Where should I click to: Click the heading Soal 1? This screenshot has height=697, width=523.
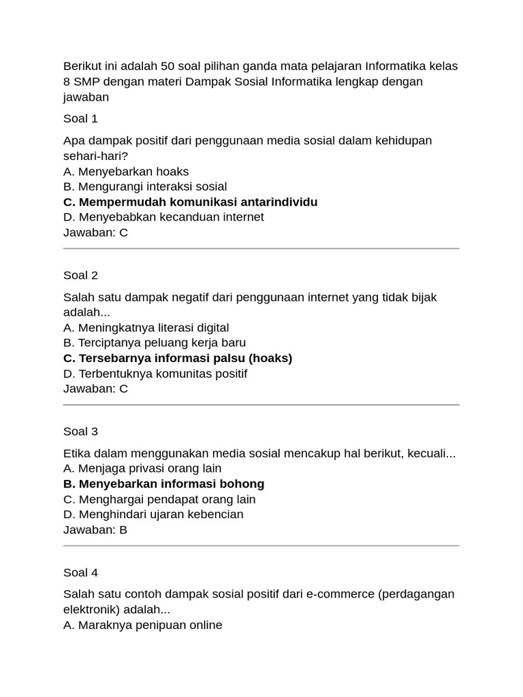[x=80, y=118]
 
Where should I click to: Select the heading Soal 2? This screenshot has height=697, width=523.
[x=80, y=275]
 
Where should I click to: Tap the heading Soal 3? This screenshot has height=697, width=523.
[x=80, y=432]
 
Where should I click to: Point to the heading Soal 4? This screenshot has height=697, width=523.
[x=80, y=572]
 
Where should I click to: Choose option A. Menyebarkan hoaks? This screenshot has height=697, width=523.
[x=126, y=172]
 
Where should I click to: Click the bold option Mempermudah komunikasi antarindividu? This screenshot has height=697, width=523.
[x=190, y=202]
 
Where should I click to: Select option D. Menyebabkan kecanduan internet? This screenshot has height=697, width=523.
[x=163, y=217]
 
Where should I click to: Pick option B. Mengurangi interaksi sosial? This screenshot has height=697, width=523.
[x=145, y=187]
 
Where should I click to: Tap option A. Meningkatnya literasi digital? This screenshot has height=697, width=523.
[x=146, y=328]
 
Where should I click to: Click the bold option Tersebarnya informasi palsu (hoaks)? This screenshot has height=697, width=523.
[x=178, y=358]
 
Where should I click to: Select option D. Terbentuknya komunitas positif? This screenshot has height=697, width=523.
[x=155, y=374]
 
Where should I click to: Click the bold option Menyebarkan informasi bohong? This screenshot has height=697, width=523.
[x=163, y=484]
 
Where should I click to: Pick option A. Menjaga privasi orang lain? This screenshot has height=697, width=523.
[x=142, y=468]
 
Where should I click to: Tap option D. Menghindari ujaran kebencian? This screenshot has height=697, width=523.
[x=153, y=515]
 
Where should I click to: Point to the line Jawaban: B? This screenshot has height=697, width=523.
[x=95, y=530]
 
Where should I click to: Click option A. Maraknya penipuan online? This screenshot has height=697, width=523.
[x=143, y=625]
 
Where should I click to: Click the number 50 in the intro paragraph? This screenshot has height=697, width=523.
[x=168, y=66]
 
